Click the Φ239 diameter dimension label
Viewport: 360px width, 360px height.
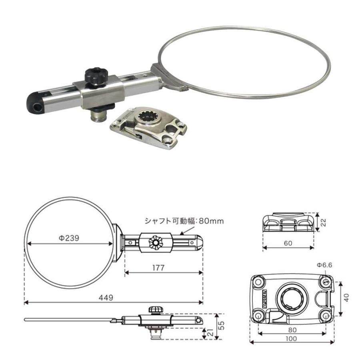(69, 238)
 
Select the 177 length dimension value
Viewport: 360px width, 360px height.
(158, 268)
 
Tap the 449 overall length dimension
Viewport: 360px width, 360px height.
(106, 298)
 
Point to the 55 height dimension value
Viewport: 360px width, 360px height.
(222, 325)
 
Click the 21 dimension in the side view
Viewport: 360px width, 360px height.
(210, 332)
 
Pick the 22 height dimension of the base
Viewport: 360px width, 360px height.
(323, 222)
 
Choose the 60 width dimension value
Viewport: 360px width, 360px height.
(288, 243)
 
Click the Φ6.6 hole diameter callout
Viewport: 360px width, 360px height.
(324, 265)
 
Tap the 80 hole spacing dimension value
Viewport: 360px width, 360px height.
(292, 330)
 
